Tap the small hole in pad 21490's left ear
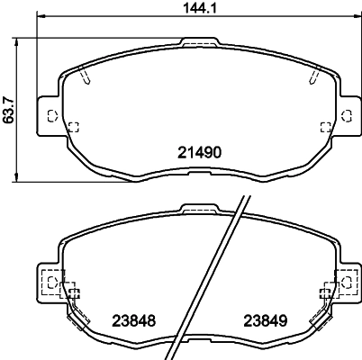pos(51,115)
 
